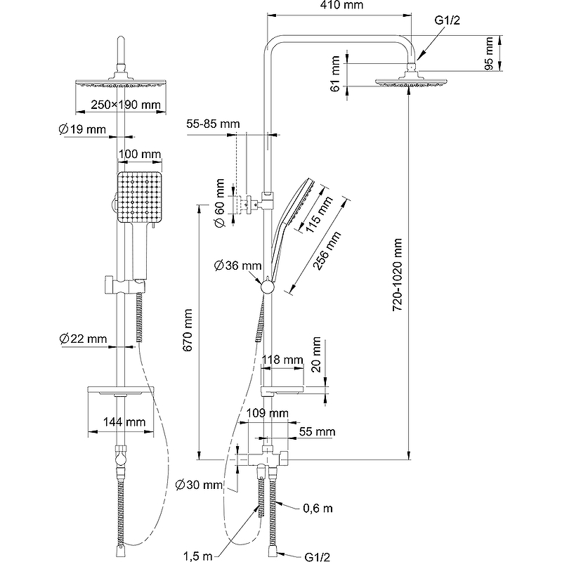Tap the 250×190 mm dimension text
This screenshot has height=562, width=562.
pyautogui.click(x=126, y=105)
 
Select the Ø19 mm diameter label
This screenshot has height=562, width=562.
pyautogui.click(x=82, y=129)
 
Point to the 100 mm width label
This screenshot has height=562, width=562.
pyautogui.click(x=140, y=154)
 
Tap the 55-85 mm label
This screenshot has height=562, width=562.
pyautogui.click(x=213, y=124)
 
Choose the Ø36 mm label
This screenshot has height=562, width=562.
pyautogui.click(x=238, y=266)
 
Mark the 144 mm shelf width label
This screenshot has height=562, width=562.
pyautogui.click(x=123, y=422)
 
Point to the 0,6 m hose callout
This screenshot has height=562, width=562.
pyautogui.click(x=317, y=508)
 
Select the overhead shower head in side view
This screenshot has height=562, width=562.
pyautogui.click(x=410, y=81)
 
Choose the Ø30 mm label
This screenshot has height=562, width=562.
pyautogui.click(x=199, y=485)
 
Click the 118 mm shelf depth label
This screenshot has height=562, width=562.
pyautogui.click(x=281, y=360)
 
